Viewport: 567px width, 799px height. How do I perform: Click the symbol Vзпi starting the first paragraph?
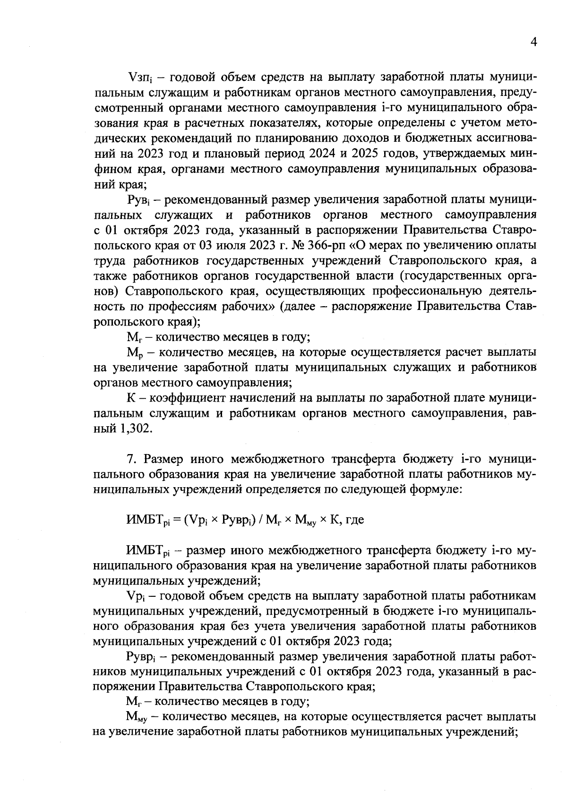click(x=139, y=77)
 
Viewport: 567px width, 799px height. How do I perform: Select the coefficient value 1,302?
click(x=137, y=429)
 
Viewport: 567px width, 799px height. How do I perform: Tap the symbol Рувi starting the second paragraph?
click(x=139, y=200)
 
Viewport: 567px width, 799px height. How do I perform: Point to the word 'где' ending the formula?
click(x=355, y=520)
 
